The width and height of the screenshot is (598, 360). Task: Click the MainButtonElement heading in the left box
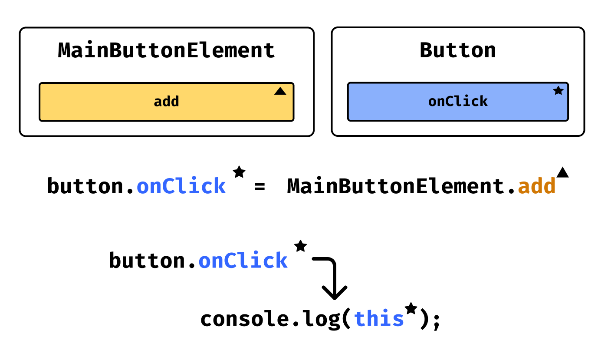[166, 50]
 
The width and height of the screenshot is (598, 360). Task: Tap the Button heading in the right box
[457, 50]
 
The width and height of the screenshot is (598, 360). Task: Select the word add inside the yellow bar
[166, 102]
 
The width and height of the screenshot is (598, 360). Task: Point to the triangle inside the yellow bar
[280, 91]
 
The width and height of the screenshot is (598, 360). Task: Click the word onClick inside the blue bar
[458, 101]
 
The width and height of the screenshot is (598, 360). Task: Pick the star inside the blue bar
[558, 91]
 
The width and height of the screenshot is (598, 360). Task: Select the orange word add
[537, 187]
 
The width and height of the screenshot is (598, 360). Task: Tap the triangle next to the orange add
[562, 172]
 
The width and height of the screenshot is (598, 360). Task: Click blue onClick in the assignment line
[181, 187]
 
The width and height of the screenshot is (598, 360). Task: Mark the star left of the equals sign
[239, 172]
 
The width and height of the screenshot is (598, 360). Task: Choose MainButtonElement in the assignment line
[396, 187]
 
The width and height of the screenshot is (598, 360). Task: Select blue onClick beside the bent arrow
[243, 261]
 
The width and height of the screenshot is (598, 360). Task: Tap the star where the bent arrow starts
[300, 246]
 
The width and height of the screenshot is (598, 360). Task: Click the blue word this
[379, 319]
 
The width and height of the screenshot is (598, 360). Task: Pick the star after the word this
[411, 309]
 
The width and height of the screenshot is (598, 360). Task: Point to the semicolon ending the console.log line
[436, 321]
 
